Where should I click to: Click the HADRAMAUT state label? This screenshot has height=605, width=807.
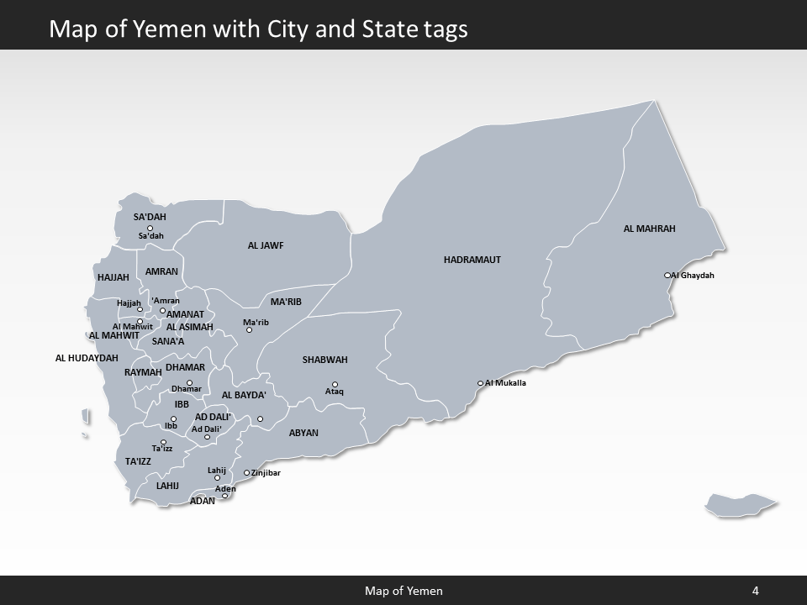(472, 260)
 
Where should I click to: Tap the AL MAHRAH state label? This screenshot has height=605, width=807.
(649, 229)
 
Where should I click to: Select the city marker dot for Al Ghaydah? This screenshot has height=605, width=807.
(667, 275)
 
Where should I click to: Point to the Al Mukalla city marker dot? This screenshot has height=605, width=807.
(480, 383)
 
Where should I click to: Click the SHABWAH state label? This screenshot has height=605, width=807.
(324, 360)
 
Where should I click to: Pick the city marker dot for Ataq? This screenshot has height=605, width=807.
(335, 385)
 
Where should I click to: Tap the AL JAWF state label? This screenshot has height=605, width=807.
(266, 246)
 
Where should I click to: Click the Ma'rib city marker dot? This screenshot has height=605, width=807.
(249, 330)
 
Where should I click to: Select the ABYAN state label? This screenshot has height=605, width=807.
(303, 433)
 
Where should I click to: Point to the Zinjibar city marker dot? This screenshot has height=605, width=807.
(246, 473)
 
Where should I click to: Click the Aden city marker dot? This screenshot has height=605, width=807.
(224, 496)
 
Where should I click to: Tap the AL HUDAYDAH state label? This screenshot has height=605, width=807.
(87, 358)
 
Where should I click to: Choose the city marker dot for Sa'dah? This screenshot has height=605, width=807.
(150, 229)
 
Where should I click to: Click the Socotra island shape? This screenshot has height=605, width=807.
(740, 504)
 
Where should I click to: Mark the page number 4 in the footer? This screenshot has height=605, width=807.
(756, 591)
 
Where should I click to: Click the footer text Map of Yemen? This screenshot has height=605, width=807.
(403, 591)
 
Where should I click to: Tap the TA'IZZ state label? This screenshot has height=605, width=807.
(138, 461)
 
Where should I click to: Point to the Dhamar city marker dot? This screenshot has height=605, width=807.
(189, 383)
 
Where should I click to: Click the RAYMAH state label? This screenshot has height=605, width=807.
(143, 372)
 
